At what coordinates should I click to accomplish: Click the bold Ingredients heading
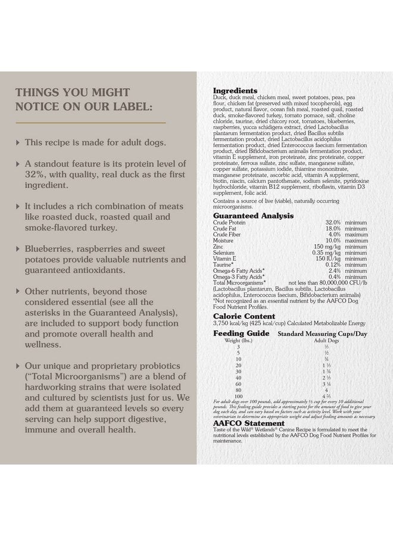coord(235,91)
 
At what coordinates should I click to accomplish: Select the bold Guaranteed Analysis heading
coord(252,216)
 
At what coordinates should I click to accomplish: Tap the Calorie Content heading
coord(244,316)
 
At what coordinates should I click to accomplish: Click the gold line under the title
coord(90,122)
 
